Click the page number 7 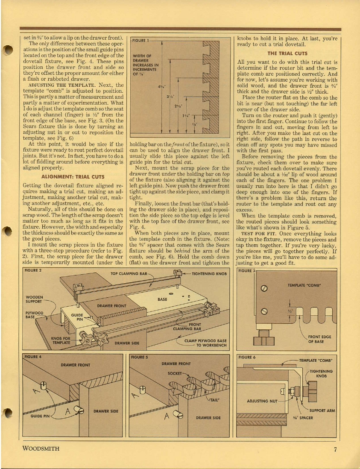pyautogui.click(x=336, y=449)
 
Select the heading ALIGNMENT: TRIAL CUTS pyautogui.click(x=72, y=176)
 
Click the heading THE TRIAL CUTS pyautogui.click(x=287, y=53)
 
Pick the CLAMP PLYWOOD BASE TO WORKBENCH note pyautogui.click(x=205, y=343)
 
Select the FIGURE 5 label pyautogui.click(x=140, y=357)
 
